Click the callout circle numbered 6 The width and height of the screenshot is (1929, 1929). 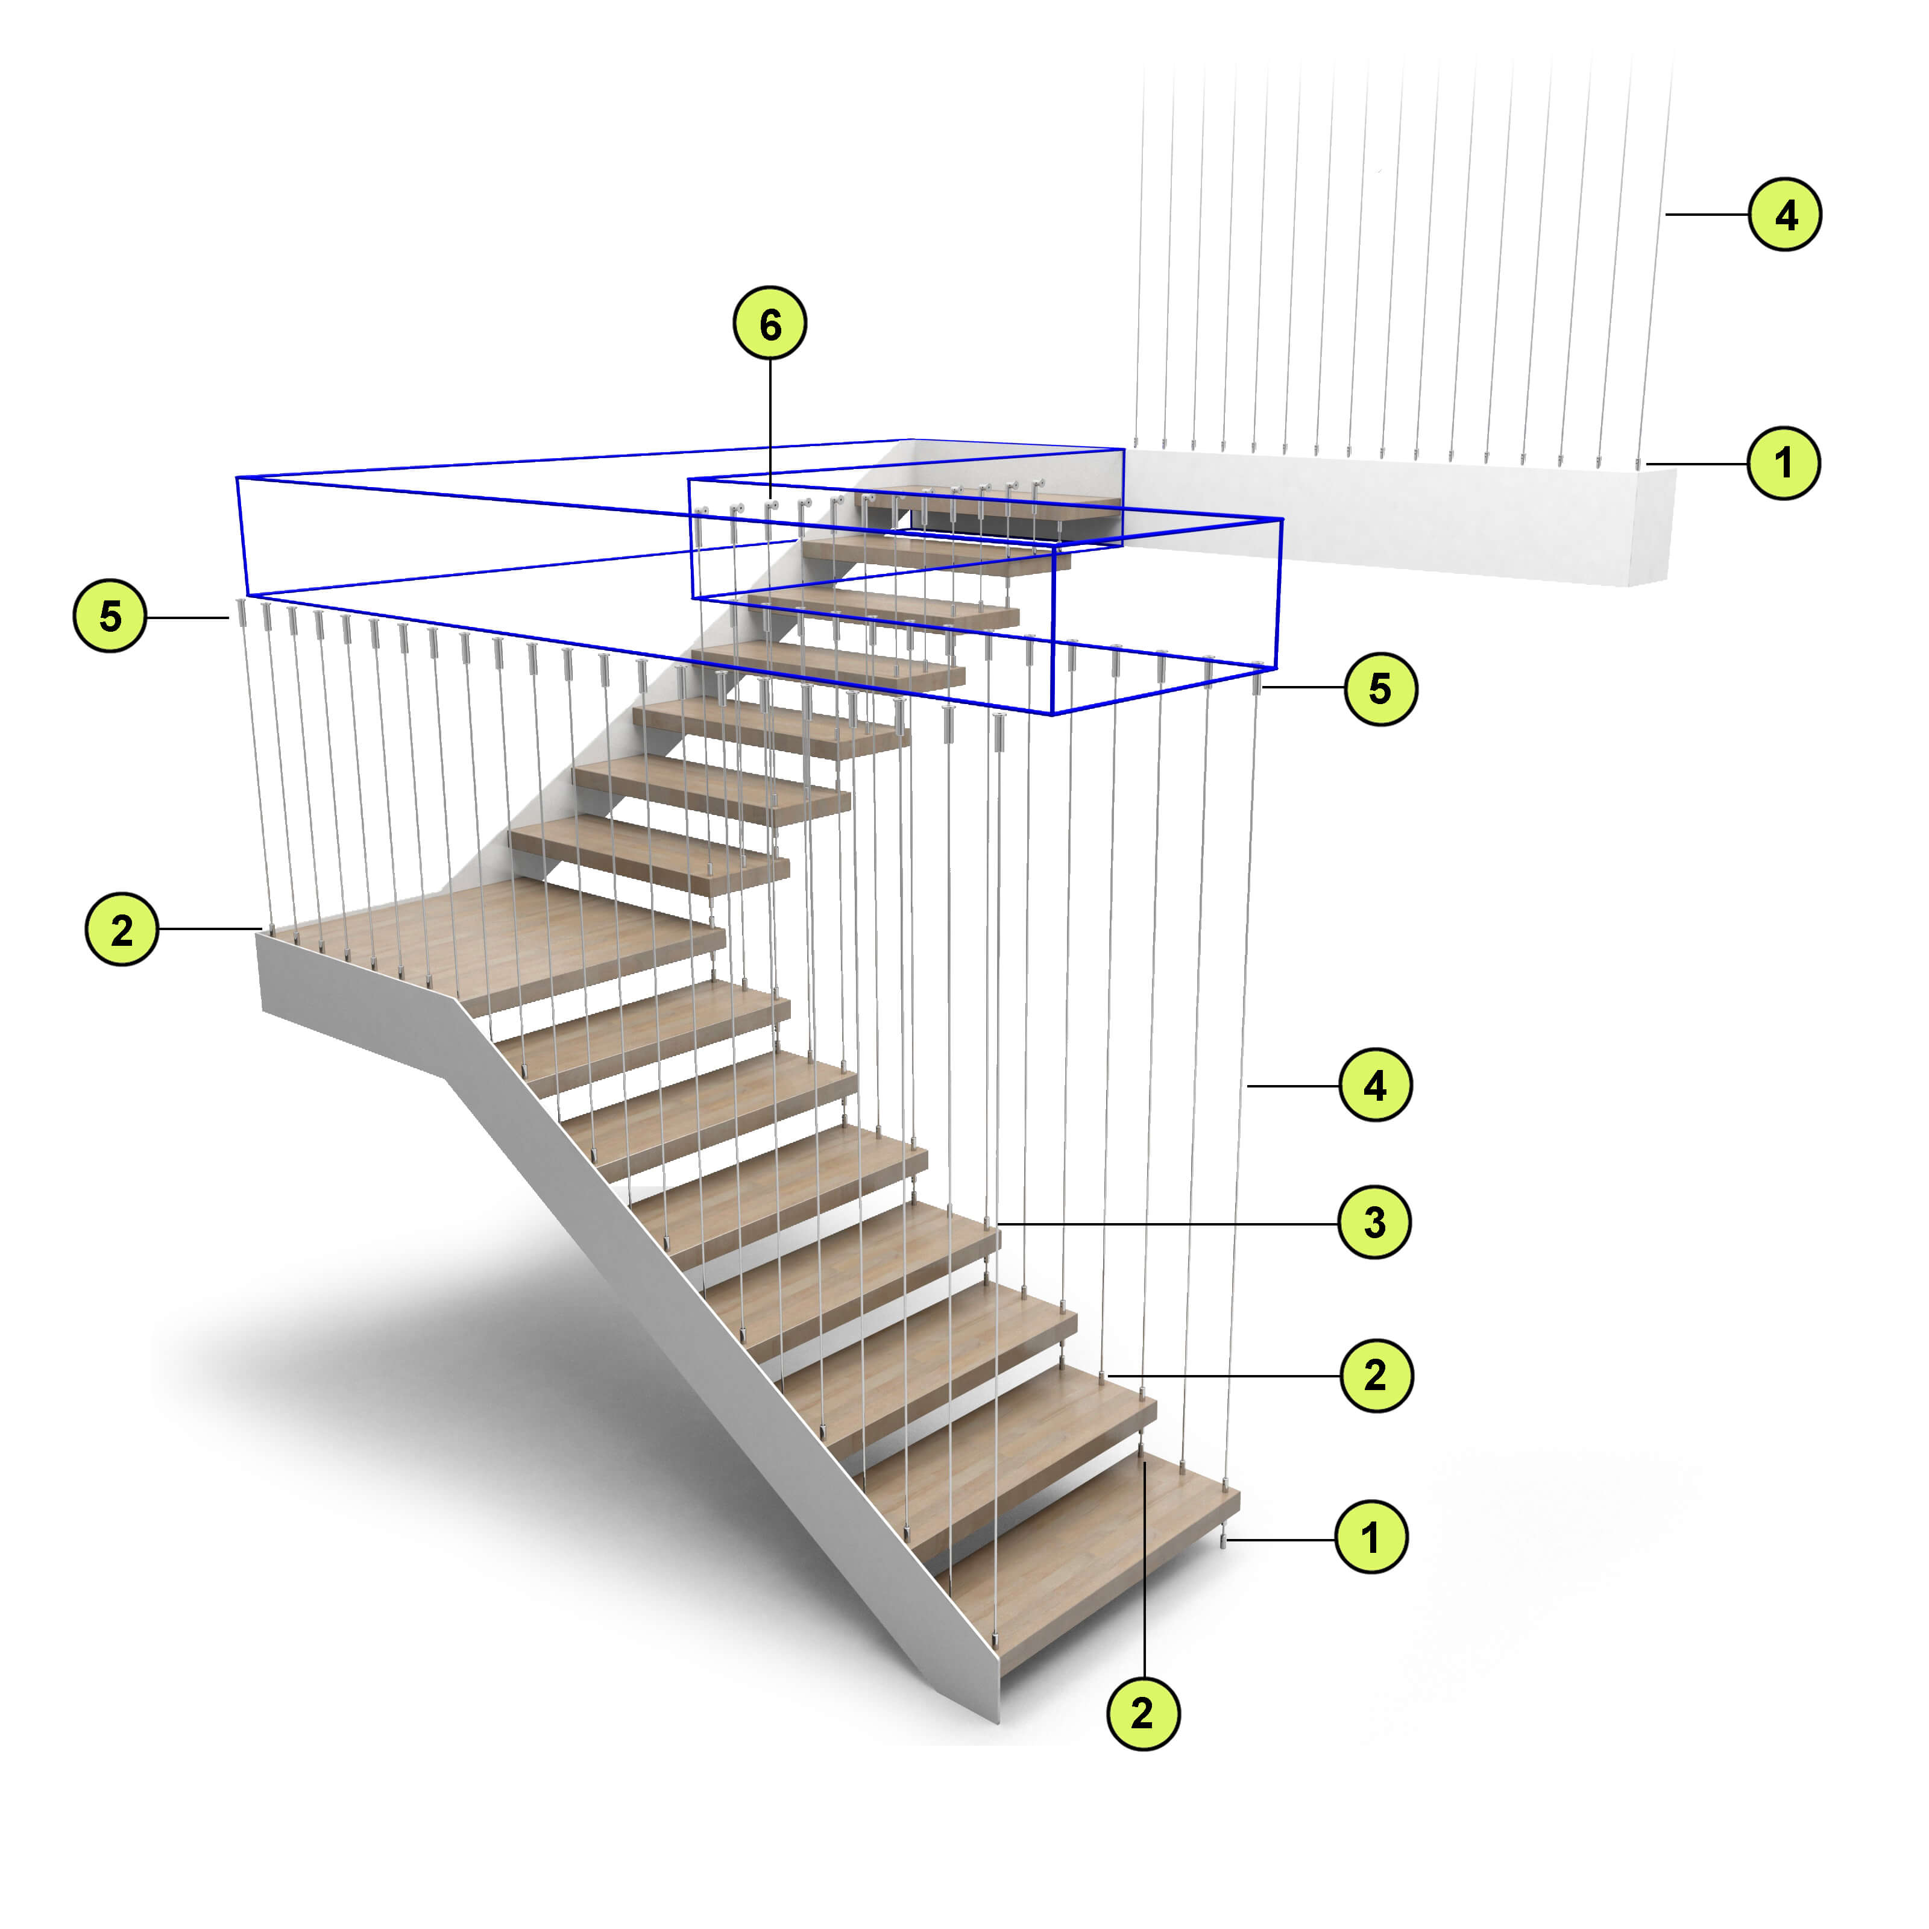click(x=770, y=324)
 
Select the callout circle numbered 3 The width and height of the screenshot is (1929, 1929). click(x=1374, y=1222)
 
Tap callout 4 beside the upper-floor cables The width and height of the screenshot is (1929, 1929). click(x=1785, y=213)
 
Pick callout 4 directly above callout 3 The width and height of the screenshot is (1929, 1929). click(x=1375, y=1085)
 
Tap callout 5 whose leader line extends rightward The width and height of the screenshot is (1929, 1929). click(x=1380, y=688)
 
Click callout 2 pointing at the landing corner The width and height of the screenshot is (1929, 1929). click(x=122, y=930)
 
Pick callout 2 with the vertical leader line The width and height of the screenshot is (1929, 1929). click(x=1143, y=1714)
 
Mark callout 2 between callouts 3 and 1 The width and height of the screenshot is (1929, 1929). click(x=1376, y=1375)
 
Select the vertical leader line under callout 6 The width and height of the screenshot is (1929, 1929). click(x=770, y=429)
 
